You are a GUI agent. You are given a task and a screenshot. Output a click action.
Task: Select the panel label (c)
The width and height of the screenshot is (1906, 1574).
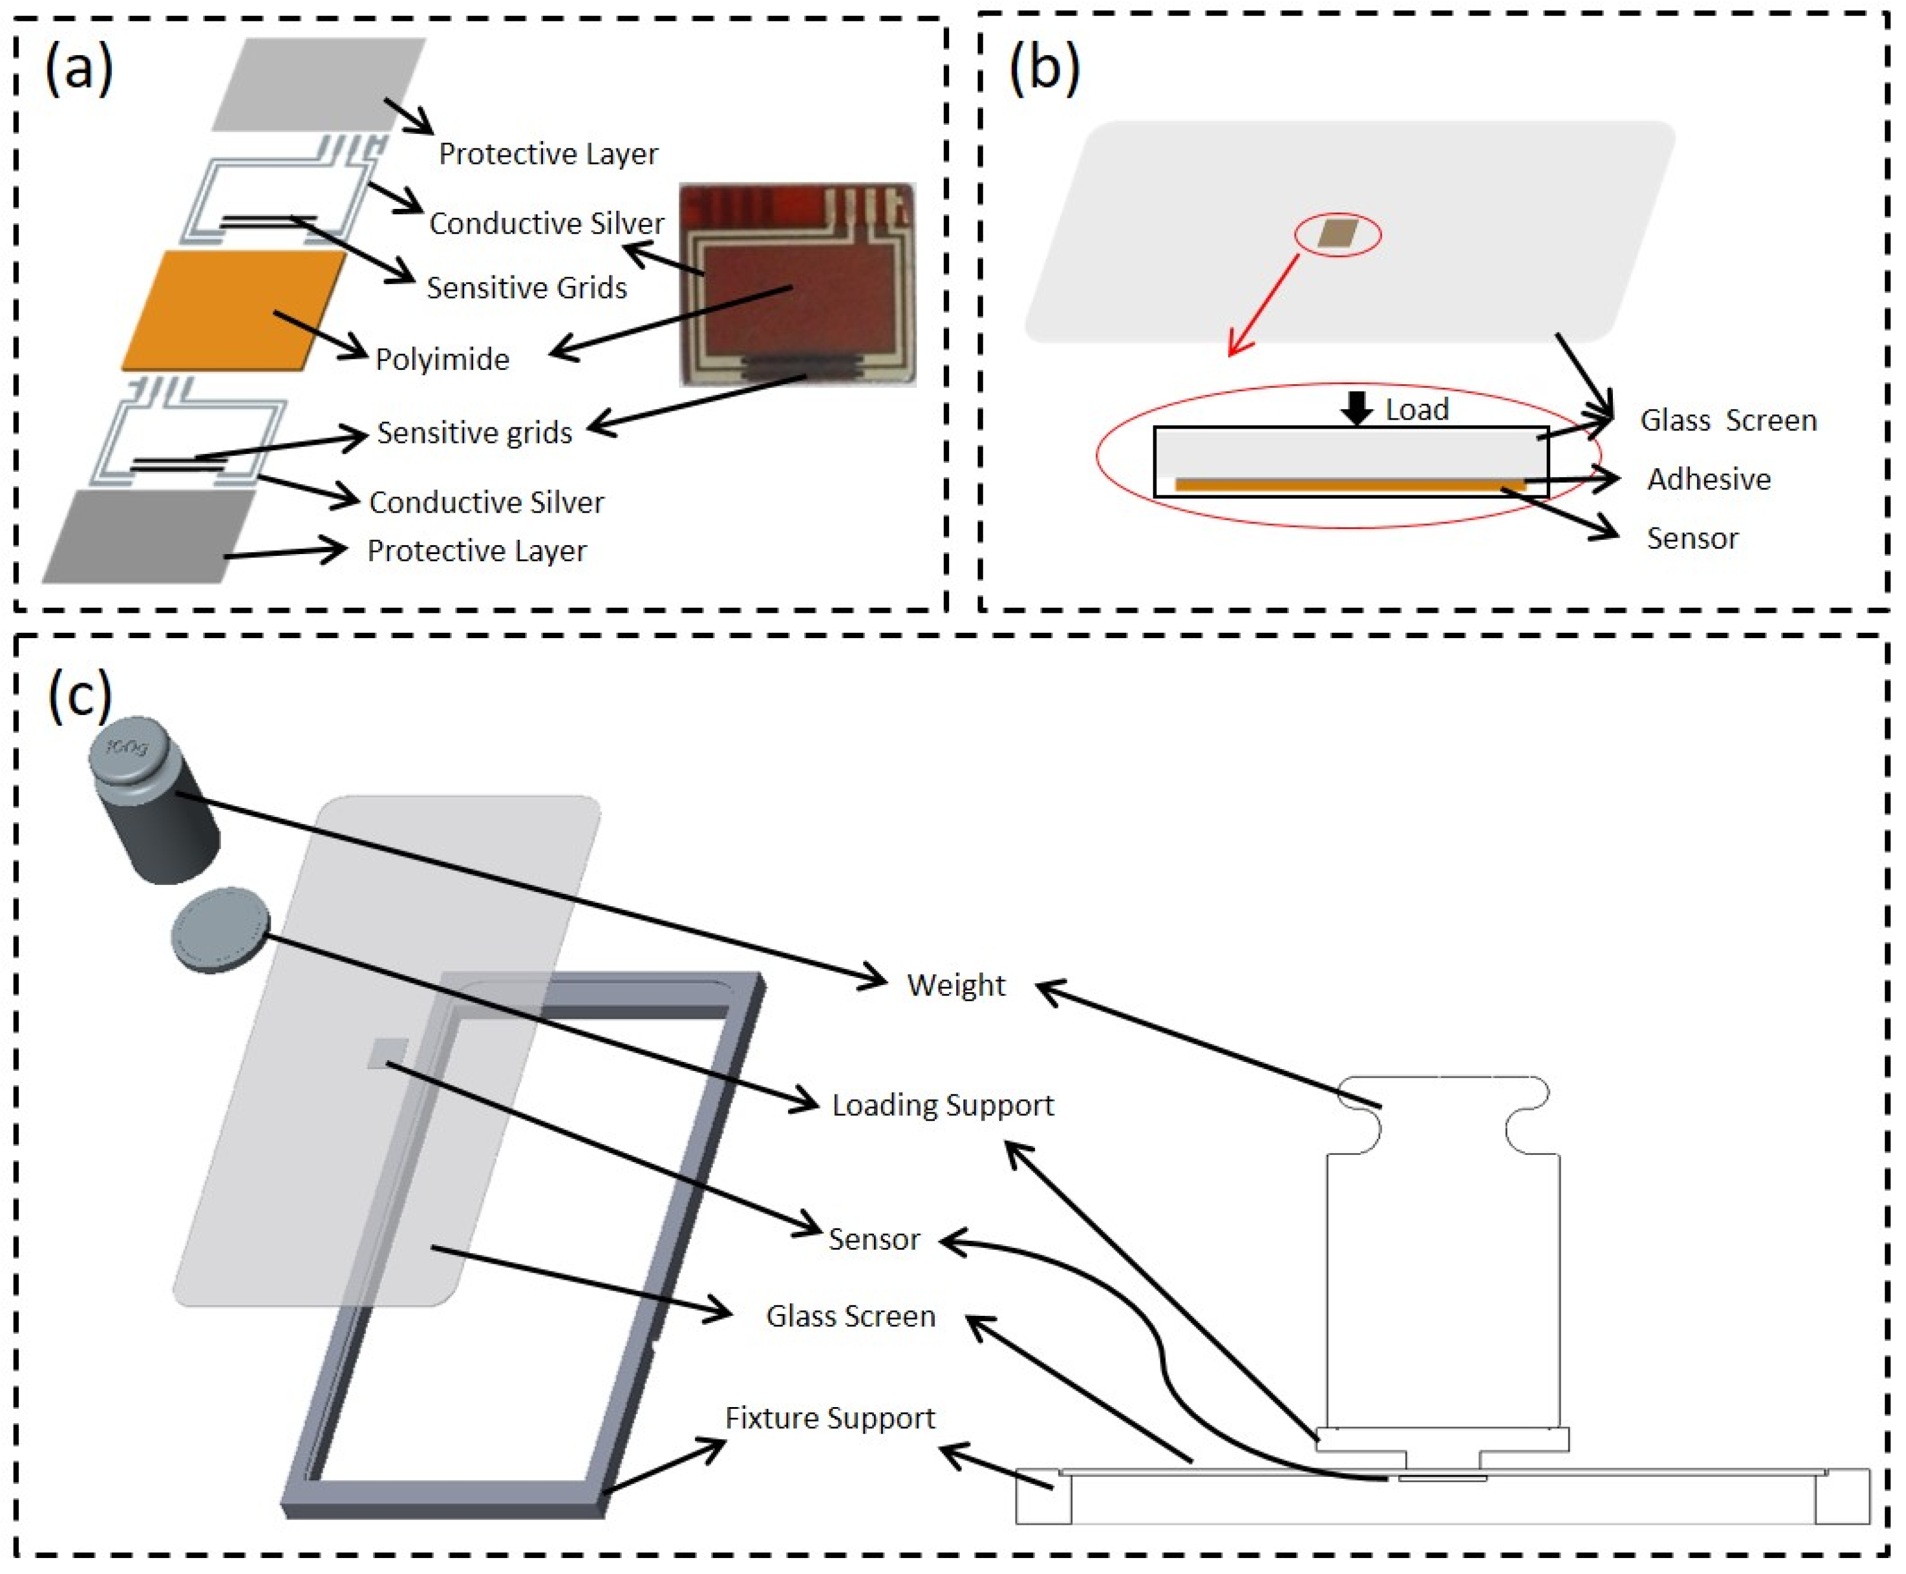coord(80,696)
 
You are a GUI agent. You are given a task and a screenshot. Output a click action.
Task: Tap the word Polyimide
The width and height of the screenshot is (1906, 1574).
coord(442,360)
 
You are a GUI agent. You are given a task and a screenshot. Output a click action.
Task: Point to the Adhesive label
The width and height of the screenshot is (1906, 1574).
coord(1708,479)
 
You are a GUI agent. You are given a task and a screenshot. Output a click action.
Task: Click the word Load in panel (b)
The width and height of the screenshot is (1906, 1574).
coord(1416,410)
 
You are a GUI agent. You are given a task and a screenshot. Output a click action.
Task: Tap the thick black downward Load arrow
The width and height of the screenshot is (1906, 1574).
coord(1357,408)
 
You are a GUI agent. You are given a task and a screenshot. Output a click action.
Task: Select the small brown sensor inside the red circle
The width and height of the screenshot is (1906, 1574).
coord(1338,233)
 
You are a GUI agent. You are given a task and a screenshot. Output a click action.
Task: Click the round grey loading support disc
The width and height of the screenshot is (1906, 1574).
coord(220,929)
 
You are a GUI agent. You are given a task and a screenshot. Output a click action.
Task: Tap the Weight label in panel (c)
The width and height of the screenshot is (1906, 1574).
coord(956,986)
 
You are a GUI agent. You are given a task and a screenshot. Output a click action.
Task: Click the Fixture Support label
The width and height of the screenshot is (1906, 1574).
coord(829,1418)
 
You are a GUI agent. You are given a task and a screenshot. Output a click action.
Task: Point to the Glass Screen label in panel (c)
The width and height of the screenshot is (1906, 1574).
coord(850,1317)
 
